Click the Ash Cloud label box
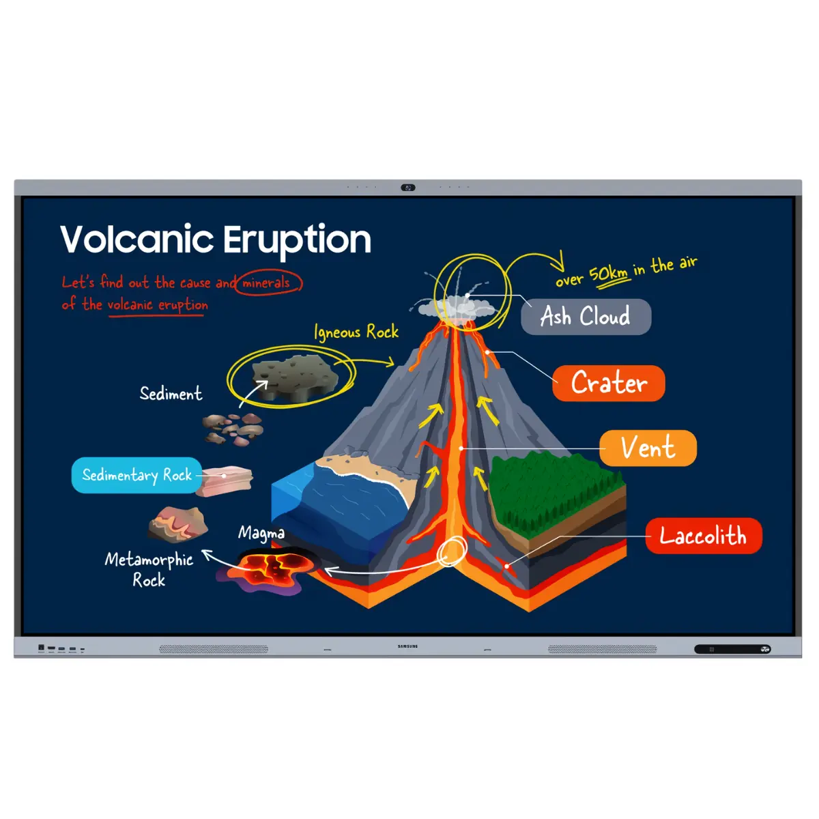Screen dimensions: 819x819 click(586, 317)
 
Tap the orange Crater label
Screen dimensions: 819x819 click(609, 383)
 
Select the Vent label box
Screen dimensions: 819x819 click(648, 448)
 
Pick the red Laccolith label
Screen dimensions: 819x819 click(703, 536)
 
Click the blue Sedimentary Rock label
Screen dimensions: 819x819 click(136, 475)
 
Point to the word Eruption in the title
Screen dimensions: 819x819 click(297, 240)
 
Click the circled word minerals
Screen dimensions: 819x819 click(267, 283)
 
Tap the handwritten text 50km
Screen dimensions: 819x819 click(608, 274)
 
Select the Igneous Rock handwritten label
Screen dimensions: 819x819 click(356, 332)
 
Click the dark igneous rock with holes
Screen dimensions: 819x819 click(295, 376)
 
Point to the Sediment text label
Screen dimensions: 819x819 click(171, 394)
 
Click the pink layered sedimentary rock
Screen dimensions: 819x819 click(228, 479)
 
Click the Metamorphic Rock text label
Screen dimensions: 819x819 click(149, 569)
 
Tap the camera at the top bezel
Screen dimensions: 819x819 click(408, 188)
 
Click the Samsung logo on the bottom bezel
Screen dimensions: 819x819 click(408, 646)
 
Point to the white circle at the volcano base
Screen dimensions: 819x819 click(451, 551)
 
